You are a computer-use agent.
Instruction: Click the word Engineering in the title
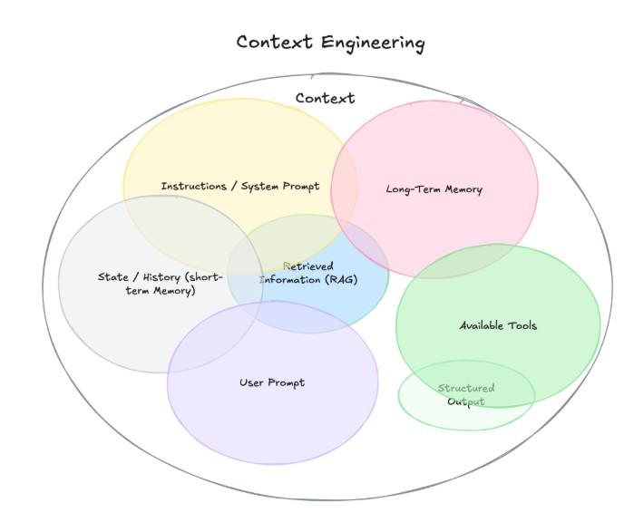pyautogui.click(x=373, y=43)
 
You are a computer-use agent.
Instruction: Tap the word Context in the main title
pyautogui.click(x=275, y=42)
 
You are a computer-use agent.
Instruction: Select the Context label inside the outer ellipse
pyautogui.click(x=325, y=98)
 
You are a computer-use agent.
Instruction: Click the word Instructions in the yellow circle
pyautogui.click(x=194, y=187)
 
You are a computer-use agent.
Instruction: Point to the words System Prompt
pyautogui.click(x=280, y=187)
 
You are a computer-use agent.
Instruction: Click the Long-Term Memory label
pyautogui.click(x=434, y=189)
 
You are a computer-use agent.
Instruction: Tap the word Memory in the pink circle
pyautogui.click(x=463, y=189)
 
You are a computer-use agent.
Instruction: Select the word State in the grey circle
pyautogui.click(x=113, y=277)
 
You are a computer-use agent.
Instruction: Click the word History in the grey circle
pyautogui.click(x=161, y=277)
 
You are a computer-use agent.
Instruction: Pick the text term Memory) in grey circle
pyautogui.click(x=161, y=291)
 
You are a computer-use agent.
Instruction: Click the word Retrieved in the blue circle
pyautogui.click(x=308, y=266)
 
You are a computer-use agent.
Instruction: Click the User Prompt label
pyautogui.click(x=272, y=383)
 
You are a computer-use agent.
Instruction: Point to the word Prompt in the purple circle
pyautogui.click(x=287, y=383)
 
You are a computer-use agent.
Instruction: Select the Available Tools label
pyautogui.click(x=498, y=325)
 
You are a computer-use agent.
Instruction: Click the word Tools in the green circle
pyautogui.click(x=522, y=325)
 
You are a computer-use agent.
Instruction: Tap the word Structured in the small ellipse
pyautogui.click(x=466, y=388)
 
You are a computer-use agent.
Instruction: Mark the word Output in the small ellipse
pyautogui.click(x=466, y=401)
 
